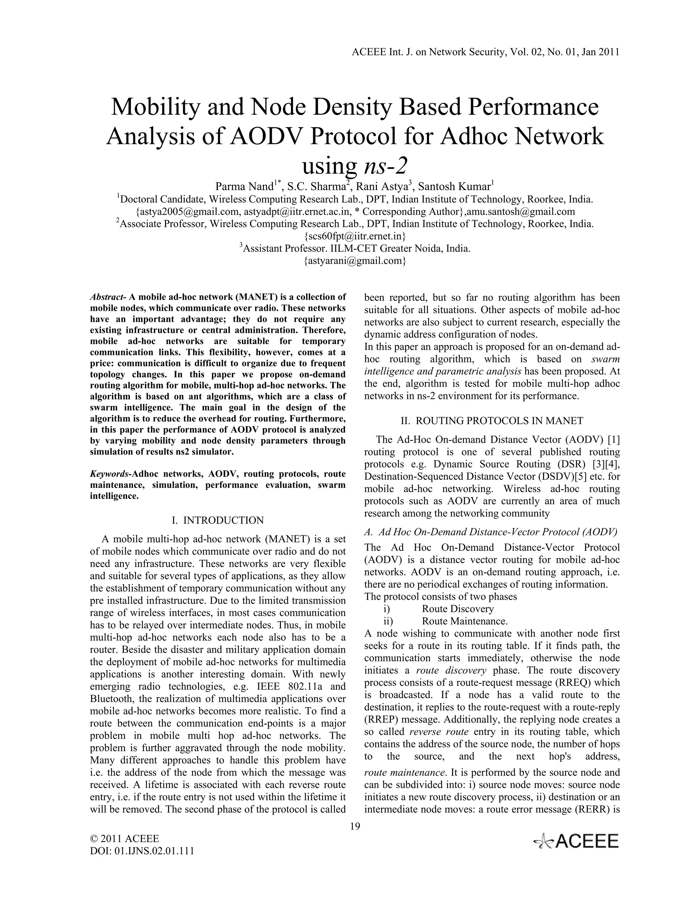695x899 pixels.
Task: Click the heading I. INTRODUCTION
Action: (218, 520)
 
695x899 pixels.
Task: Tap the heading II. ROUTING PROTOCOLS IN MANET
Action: (492, 421)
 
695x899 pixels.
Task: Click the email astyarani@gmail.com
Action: (355, 261)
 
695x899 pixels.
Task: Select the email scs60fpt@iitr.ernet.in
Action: (355, 236)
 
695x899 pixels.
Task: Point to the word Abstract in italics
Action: (107, 297)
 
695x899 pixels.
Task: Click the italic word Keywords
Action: (108, 474)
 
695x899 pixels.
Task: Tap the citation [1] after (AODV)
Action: (614, 440)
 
